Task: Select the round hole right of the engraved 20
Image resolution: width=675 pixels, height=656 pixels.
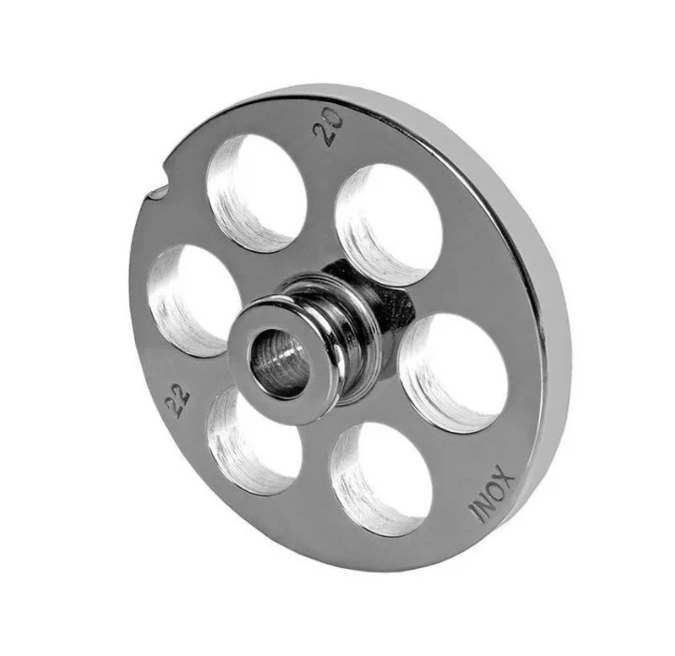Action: coord(388,223)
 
